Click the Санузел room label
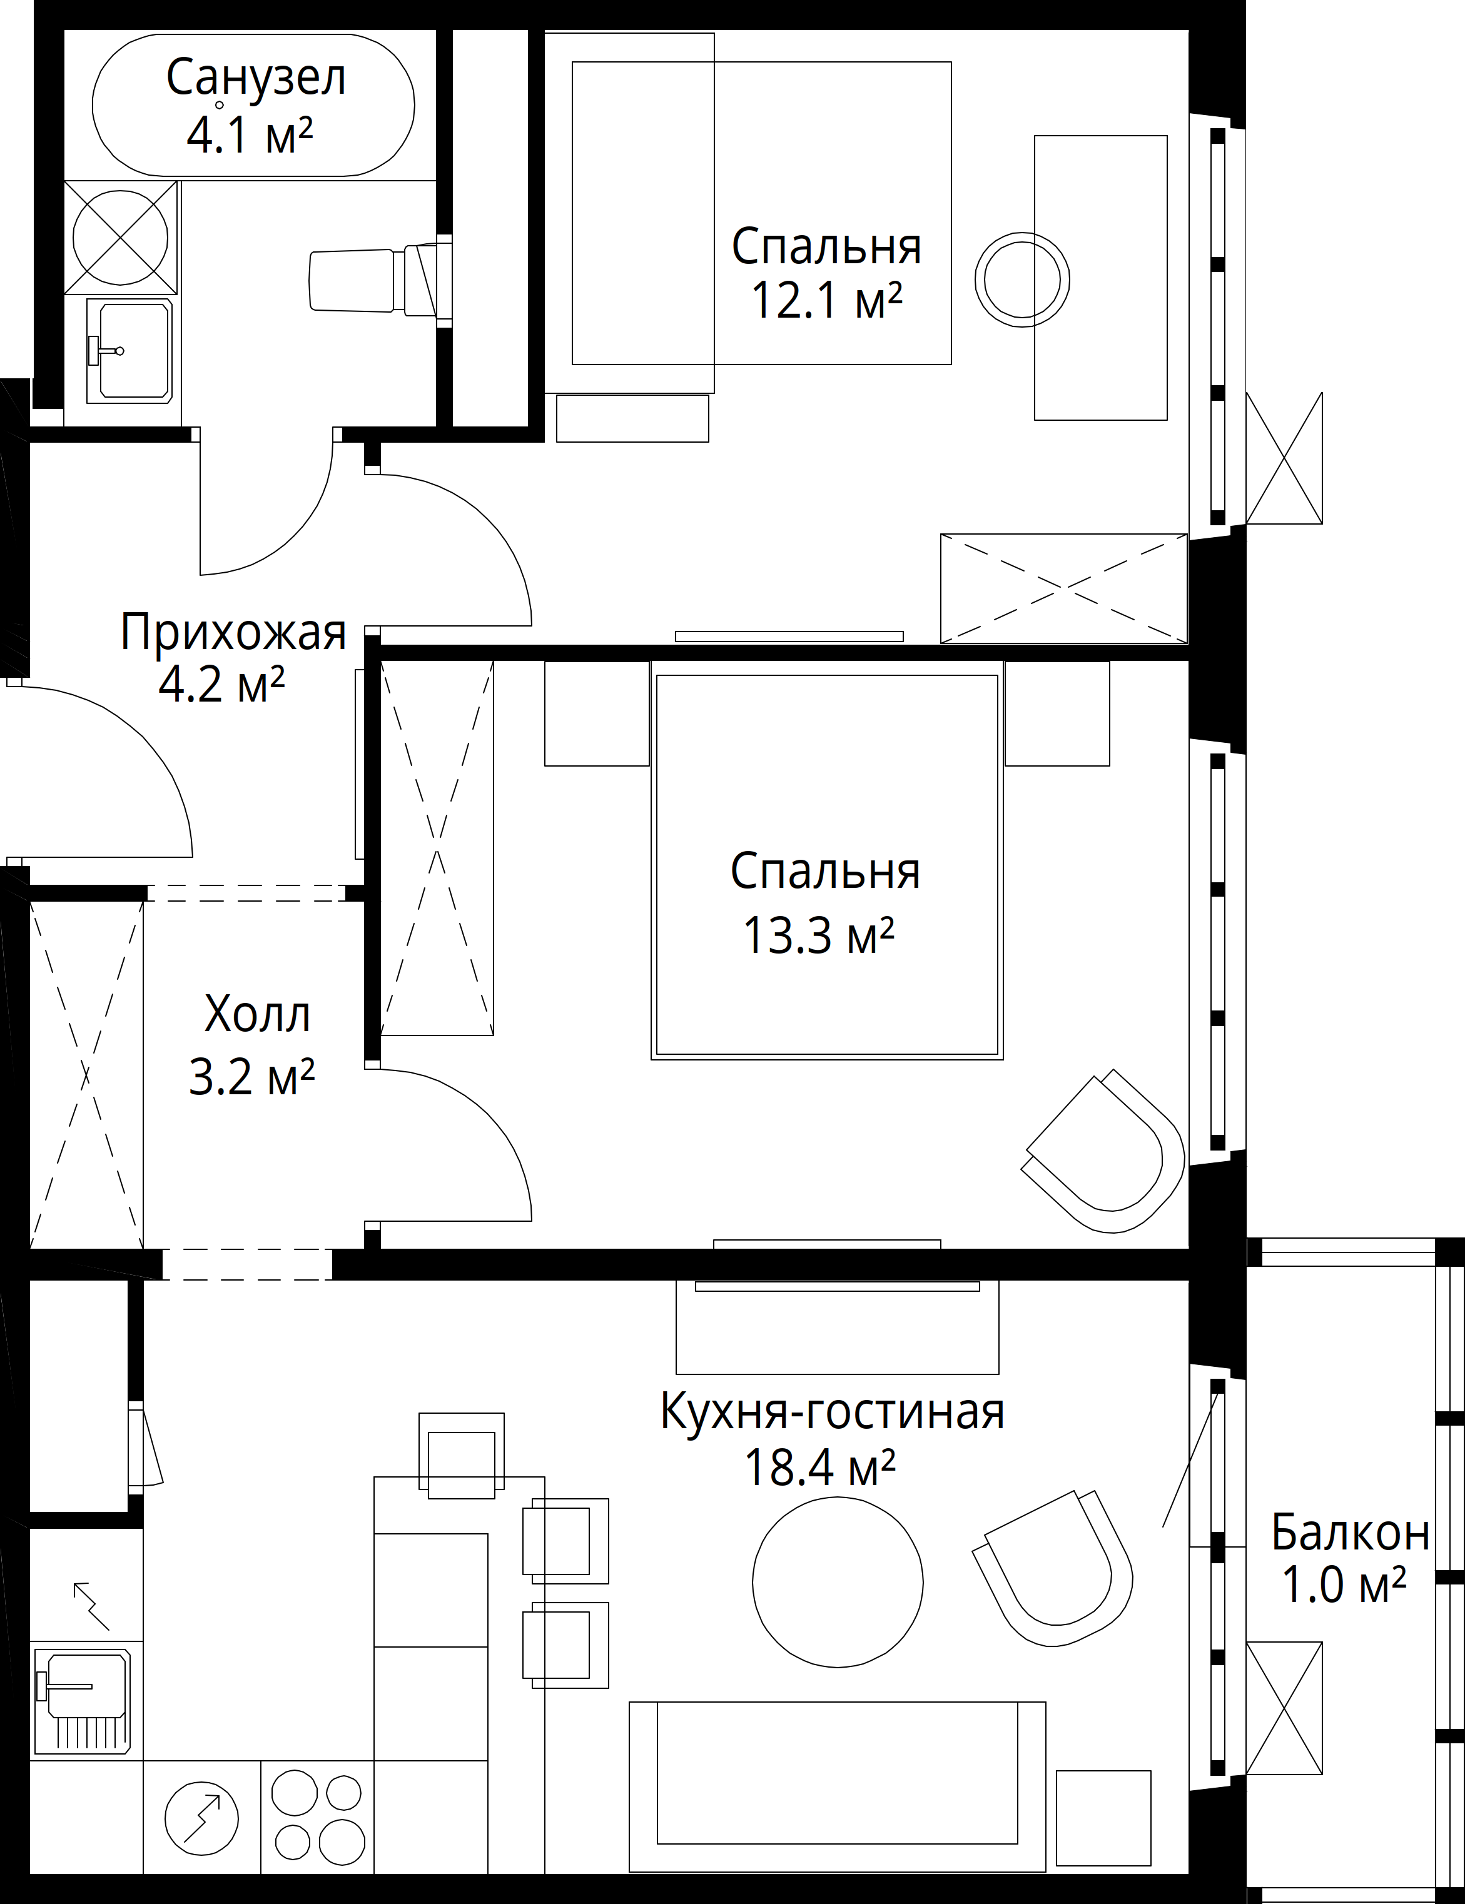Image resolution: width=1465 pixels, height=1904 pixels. click(x=255, y=78)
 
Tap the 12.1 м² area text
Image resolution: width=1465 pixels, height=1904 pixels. click(x=826, y=301)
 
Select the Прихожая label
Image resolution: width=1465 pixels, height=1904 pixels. click(x=233, y=632)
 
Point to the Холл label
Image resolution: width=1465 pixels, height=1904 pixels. click(x=257, y=1015)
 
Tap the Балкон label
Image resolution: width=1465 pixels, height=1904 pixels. click(x=1351, y=1532)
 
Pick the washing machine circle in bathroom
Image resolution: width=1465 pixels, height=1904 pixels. click(x=120, y=238)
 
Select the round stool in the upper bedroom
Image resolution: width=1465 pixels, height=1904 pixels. click(x=1022, y=279)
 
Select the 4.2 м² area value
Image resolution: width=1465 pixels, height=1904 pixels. click(x=222, y=685)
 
